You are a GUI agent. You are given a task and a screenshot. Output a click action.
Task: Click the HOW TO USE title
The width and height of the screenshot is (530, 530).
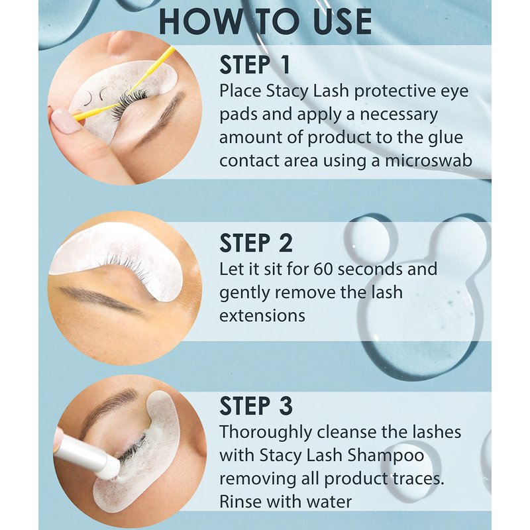pyautogui.click(x=266, y=22)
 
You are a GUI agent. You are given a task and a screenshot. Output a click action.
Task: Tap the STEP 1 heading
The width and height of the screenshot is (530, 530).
pyautogui.click(x=255, y=64)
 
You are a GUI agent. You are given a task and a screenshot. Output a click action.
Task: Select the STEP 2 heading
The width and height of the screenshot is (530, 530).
pyautogui.click(x=256, y=243)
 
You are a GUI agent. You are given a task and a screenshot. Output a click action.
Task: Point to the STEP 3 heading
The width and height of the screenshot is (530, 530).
pyautogui.click(x=256, y=405)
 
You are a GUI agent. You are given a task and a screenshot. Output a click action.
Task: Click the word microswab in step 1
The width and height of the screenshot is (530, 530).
pyautogui.click(x=429, y=160)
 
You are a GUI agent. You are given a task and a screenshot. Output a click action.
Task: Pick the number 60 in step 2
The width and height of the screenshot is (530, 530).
pyautogui.click(x=324, y=270)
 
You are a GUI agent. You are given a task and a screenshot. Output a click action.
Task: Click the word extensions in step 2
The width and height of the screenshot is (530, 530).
pyautogui.click(x=262, y=316)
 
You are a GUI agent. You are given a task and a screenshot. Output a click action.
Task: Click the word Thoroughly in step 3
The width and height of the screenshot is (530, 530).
pyautogui.click(x=266, y=433)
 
